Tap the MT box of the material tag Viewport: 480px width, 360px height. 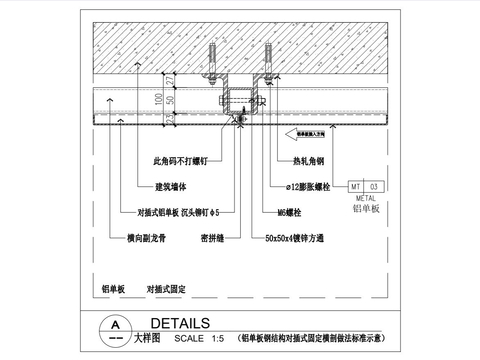point(356,186)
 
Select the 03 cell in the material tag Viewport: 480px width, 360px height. point(375,186)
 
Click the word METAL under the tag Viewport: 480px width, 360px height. point(364,199)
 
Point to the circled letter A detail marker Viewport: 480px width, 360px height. point(116,326)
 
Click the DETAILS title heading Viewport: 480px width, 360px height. point(179,323)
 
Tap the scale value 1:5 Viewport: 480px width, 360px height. point(211,340)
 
